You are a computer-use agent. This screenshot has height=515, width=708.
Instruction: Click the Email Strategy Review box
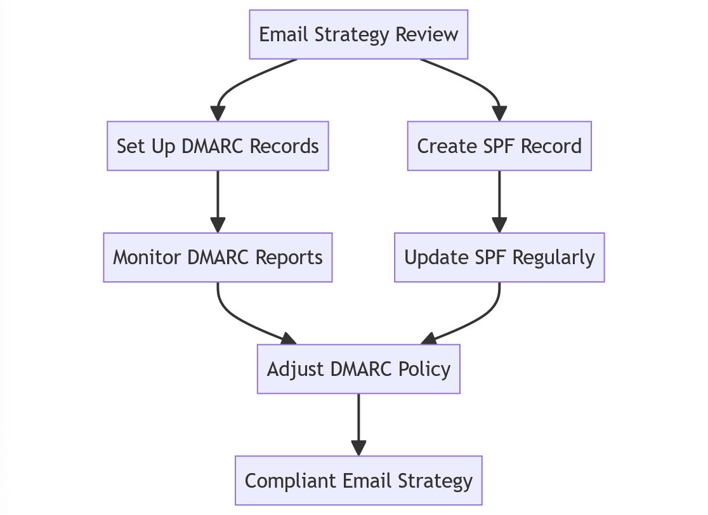(358, 34)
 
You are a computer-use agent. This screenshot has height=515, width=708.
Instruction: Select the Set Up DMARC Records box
(218, 146)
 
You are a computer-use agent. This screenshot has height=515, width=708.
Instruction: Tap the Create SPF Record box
(499, 146)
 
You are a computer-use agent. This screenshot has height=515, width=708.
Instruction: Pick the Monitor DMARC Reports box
(218, 257)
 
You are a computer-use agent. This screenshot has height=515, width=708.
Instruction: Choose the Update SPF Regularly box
(499, 257)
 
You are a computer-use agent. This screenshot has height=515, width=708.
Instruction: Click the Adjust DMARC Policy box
(358, 369)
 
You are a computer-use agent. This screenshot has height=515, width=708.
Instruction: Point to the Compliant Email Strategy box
(358, 481)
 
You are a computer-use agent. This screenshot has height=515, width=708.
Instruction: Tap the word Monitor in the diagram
(148, 257)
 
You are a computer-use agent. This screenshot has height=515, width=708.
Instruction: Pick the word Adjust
(294, 370)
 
